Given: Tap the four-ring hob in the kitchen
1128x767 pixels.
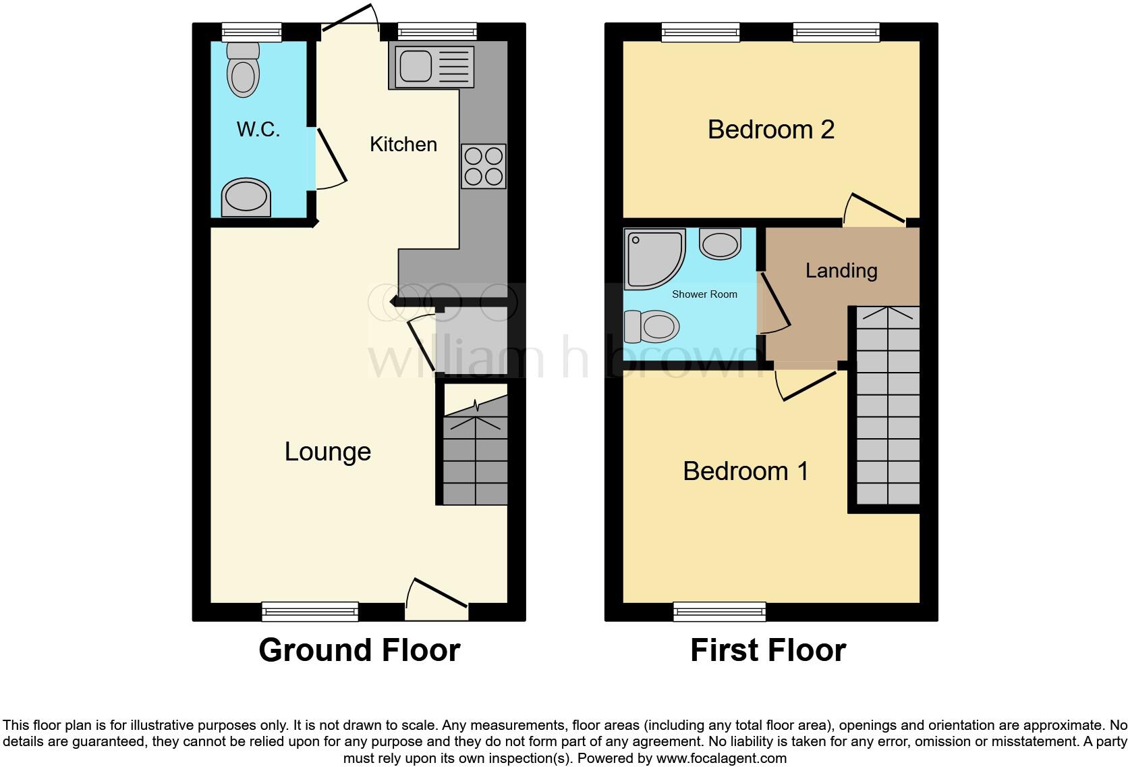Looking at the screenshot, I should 484,166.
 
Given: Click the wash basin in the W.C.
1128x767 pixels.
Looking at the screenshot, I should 246,198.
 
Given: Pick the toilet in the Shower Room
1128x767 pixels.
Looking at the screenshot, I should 652,327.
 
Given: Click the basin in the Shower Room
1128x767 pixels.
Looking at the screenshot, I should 720,243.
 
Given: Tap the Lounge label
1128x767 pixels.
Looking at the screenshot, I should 328,451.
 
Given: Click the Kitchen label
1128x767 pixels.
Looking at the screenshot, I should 403,144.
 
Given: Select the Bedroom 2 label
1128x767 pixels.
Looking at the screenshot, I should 771,129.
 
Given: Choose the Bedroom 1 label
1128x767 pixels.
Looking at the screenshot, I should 745,471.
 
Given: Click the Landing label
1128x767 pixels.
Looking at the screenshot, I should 841,271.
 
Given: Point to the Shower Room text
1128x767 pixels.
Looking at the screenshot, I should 704,294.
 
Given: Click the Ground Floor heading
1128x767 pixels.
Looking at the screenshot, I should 359,650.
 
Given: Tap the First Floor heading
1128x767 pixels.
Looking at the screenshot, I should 768,650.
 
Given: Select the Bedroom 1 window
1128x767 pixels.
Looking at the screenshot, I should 720,612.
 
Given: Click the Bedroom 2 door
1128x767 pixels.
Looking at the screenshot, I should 876,209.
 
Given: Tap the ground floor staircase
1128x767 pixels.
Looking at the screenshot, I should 476,459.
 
